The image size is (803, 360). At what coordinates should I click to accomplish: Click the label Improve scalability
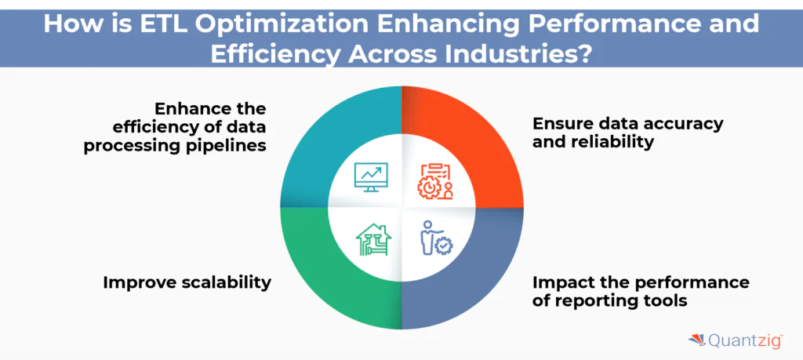[187, 282]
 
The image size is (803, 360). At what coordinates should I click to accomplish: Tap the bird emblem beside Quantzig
[696, 340]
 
